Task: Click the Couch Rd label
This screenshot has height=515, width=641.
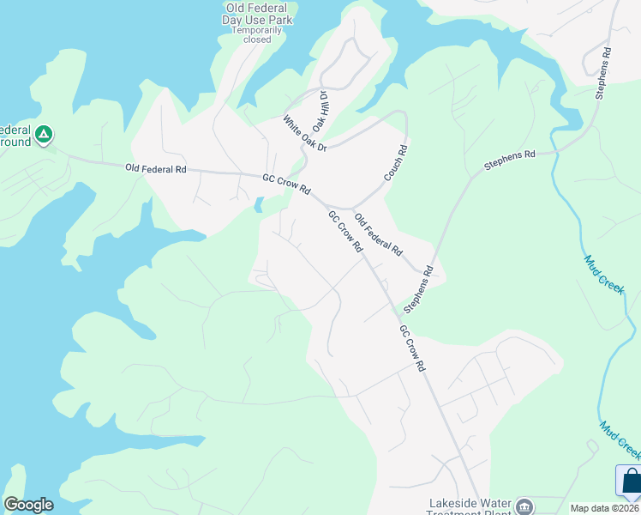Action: [396, 161]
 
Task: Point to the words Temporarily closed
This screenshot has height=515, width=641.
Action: [257, 34]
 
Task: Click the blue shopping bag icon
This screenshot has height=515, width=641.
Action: [631, 481]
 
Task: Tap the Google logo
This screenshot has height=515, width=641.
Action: [28, 505]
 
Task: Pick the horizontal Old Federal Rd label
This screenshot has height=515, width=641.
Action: [155, 169]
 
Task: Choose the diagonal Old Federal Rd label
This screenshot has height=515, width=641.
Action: [378, 236]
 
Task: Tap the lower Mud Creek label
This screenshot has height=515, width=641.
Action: [620, 439]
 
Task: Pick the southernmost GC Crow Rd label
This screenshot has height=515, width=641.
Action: [412, 347]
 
